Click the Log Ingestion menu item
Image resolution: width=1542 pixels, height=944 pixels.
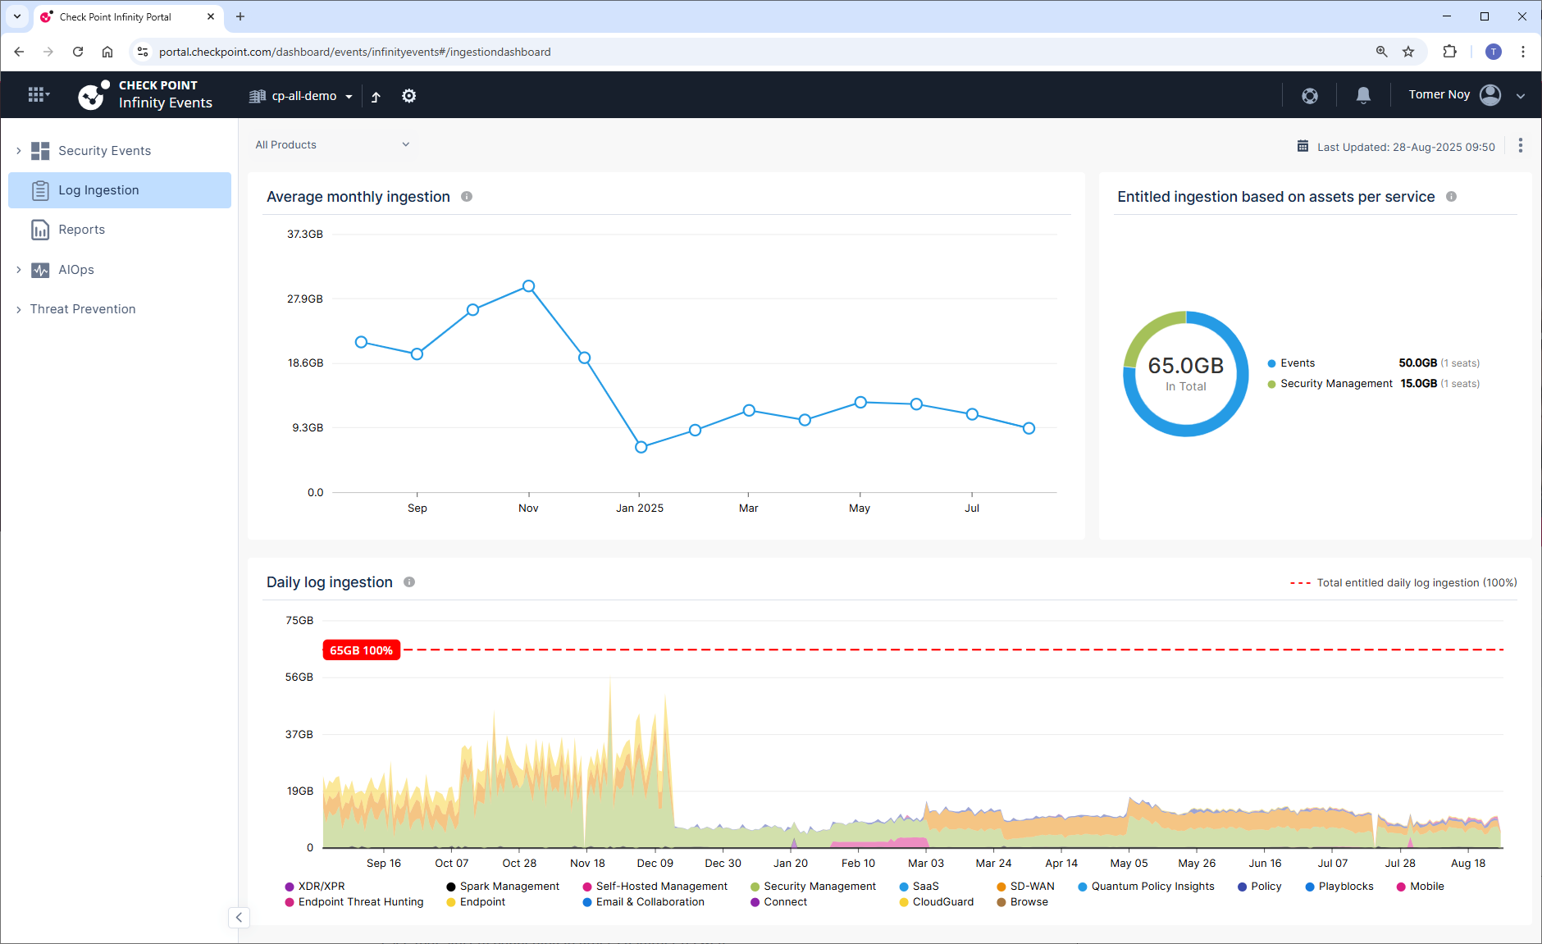click(120, 190)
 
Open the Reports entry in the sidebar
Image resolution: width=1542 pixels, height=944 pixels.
click(81, 230)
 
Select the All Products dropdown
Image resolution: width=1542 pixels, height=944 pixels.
click(332, 145)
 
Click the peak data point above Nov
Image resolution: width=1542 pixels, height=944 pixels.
click(529, 286)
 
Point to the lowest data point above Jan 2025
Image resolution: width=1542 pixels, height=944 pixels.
click(641, 447)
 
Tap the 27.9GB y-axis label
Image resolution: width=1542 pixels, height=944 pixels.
click(305, 299)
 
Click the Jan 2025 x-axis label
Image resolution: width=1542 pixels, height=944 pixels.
click(640, 508)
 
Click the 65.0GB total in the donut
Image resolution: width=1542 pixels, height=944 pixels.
click(1186, 365)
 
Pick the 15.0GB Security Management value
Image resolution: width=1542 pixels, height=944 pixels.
click(1419, 384)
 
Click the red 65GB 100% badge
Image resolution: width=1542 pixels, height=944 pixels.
click(362, 650)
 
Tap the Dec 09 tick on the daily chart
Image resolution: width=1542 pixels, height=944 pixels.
click(655, 864)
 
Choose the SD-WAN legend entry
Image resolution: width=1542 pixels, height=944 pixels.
click(1025, 887)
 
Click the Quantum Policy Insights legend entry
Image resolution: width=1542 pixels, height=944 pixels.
click(1146, 887)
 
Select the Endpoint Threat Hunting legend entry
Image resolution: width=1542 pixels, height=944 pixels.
click(354, 902)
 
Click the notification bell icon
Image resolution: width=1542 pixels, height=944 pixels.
click(1363, 95)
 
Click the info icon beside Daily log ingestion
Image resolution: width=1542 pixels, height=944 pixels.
click(409, 582)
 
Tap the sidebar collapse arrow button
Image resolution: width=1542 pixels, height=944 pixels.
click(239, 918)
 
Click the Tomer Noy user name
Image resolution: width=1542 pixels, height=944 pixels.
click(1439, 95)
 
